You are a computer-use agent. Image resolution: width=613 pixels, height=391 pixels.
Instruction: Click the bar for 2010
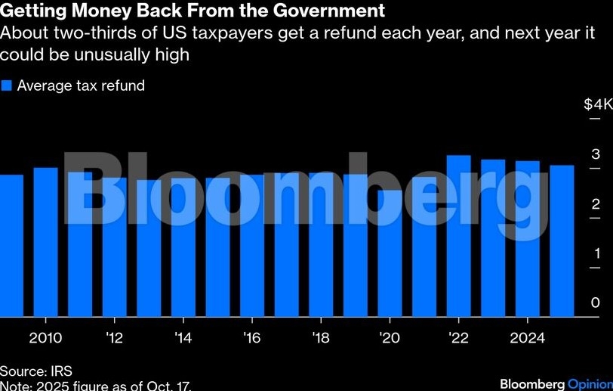(45, 242)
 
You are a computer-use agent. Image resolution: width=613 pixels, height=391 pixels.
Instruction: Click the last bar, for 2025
(562, 241)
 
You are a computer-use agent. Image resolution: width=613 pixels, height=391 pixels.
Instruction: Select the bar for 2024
(527, 239)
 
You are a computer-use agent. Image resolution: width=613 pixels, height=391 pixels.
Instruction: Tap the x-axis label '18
(321, 337)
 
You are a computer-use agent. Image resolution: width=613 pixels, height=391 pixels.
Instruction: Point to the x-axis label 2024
(528, 337)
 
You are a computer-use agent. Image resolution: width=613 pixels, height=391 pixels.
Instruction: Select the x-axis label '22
(457, 337)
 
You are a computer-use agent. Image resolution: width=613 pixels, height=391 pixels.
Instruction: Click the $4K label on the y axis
(597, 104)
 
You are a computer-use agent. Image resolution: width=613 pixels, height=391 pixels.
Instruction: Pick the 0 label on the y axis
(596, 303)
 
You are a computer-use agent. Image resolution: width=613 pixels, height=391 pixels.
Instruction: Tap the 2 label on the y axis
(596, 204)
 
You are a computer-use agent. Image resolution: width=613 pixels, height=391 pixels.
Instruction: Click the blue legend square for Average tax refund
(7, 85)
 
